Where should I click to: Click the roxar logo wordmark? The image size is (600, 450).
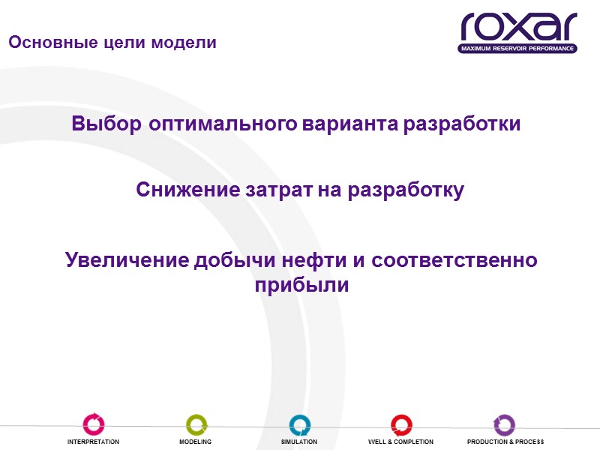(518, 27)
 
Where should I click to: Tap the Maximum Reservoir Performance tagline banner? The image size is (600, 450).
(518, 49)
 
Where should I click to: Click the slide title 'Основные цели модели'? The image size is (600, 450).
(112, 43)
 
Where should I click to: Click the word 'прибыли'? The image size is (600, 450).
(301, 286)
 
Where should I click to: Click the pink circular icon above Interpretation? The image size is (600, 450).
(94, 424)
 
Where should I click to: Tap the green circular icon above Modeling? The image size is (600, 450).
(196, 424)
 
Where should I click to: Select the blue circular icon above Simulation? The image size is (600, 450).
(299, 424)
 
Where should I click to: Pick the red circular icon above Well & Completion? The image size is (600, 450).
(401, 424)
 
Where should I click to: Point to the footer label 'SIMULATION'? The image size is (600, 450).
(299, 442)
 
